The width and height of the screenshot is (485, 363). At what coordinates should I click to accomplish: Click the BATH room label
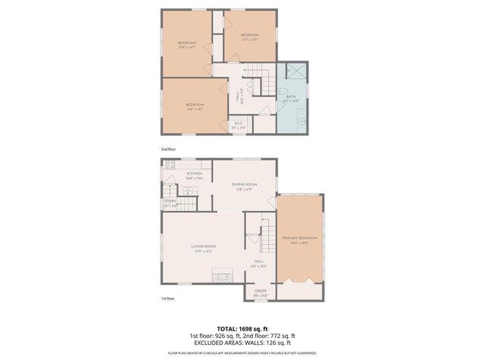[291, 98]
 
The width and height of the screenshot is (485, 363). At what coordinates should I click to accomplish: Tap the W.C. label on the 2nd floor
[238, 124]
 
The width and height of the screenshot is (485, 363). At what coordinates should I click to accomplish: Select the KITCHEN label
[194, 174]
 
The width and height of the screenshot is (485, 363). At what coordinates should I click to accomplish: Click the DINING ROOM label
[244, 185]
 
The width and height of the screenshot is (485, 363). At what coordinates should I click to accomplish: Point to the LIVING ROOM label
[204, 247]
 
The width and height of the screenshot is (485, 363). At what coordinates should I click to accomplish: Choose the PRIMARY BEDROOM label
[299, 239]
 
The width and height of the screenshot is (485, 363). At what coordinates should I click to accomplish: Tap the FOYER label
[260, 290]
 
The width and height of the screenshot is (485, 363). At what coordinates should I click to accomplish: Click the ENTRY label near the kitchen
[170, 201]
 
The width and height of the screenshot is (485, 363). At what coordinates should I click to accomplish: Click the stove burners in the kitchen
[170, 164]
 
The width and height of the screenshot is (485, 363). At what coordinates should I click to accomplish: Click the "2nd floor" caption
[168, 149]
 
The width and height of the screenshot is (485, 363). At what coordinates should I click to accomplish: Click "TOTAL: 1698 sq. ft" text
[242, 329]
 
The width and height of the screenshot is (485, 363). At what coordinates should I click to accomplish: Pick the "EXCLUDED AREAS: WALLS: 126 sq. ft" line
[242, 344]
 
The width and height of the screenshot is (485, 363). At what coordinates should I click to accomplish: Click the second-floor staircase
[262, 79]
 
